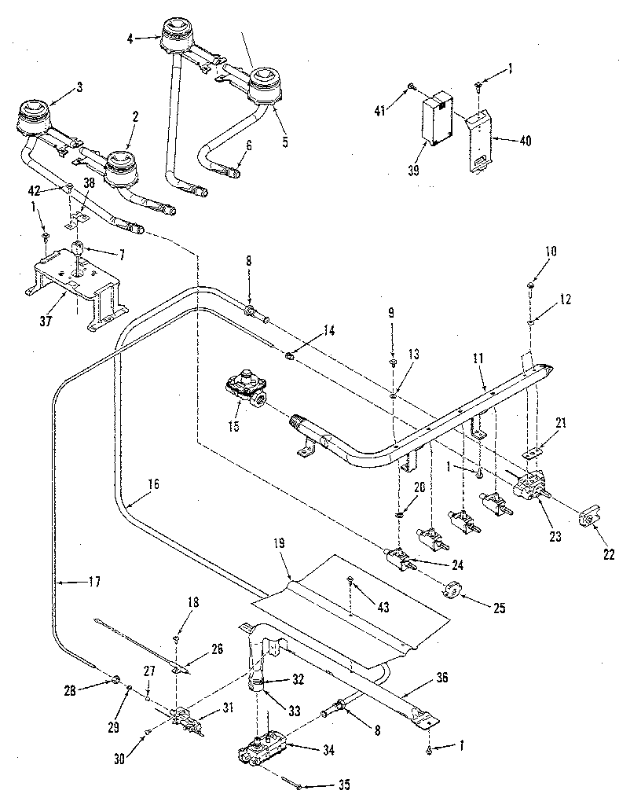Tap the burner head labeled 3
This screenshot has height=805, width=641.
click(34, 116)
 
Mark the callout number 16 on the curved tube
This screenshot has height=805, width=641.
click(152, 484)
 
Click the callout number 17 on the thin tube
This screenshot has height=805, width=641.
click(94, 583)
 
